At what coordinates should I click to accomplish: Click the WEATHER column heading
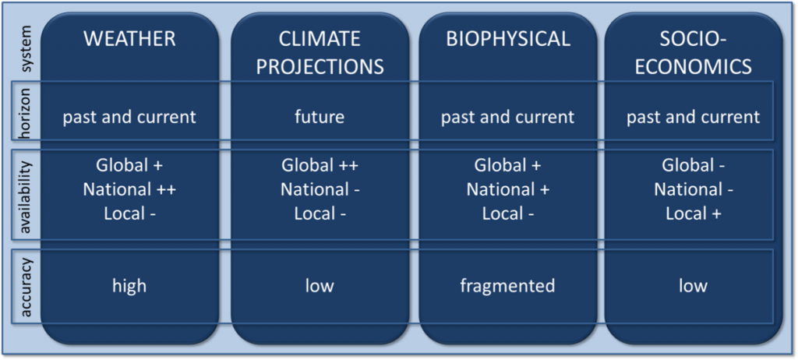[129, 39]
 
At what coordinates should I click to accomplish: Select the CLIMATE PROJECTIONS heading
[320, 52]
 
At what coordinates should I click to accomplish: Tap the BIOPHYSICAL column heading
[507, 39]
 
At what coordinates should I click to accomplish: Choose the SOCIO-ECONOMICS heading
[693, 52]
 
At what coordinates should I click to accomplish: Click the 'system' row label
[26, 48]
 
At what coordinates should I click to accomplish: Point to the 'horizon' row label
[26, 117]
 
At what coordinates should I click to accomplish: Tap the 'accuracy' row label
[26, 286]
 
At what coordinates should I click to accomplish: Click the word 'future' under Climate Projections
[320, 117]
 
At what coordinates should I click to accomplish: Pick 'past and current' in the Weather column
[129, 117]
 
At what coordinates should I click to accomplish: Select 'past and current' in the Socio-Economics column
[693, 117]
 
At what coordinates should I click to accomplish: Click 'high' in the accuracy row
[129, 286]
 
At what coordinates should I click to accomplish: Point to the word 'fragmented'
[507, 286]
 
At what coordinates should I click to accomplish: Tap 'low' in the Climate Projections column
[320, 286]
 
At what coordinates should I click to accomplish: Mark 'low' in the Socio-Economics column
[693, 286]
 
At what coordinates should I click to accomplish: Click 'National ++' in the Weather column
[129, 189]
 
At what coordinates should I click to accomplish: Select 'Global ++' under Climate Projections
[320, 165]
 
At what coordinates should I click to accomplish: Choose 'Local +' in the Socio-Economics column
[693, 214]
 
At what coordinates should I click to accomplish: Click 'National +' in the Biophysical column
[507, 189]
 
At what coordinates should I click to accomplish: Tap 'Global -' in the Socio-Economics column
[693, 165]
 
